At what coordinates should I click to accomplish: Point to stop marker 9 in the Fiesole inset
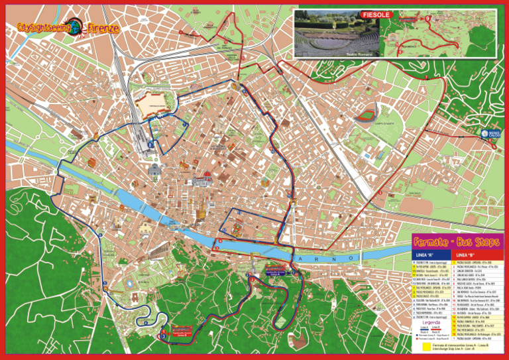(427, 19)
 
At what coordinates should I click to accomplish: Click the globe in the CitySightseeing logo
(77, 27)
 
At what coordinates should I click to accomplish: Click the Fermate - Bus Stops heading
(457, 242)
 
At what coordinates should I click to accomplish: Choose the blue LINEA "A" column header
(424, 255)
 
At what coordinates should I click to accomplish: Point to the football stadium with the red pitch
(365, 117)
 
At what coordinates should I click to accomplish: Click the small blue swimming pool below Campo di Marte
(365, 156)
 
